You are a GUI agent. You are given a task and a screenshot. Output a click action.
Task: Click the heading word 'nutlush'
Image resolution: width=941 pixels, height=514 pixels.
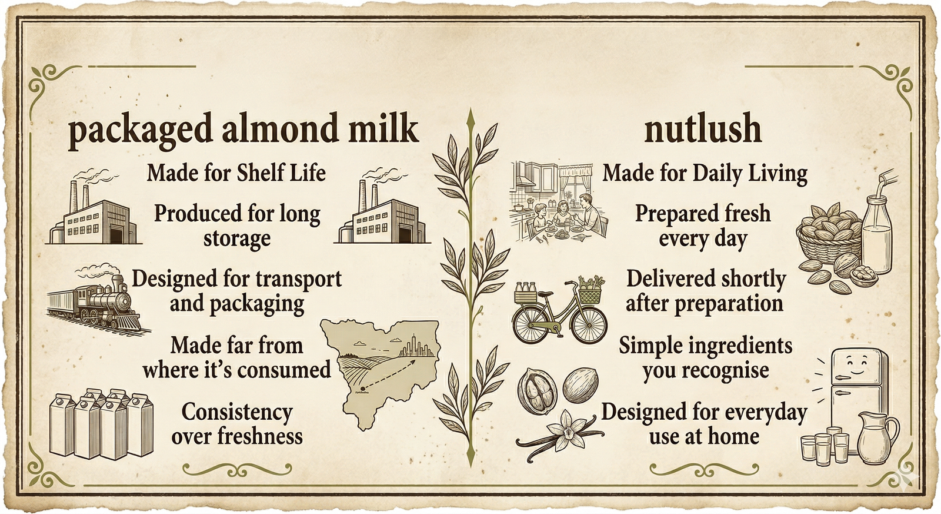tap(703, 129)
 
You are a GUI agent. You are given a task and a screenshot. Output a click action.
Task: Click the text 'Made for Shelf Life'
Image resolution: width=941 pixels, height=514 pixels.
tap(236, 173)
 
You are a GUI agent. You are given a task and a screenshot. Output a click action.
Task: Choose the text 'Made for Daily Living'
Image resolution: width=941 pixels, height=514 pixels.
tap(705, 173)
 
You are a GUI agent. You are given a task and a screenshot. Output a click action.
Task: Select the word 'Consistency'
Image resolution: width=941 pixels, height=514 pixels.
tap(237, 412)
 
